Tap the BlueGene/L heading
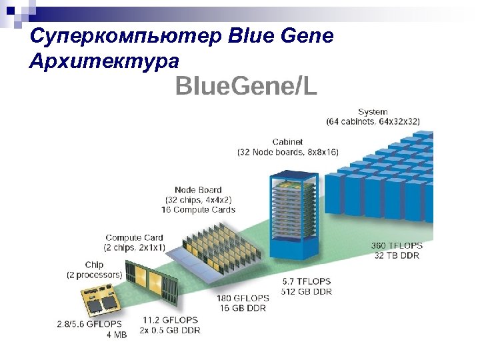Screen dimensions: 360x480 [246, 86]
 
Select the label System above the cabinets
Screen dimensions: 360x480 [373, 111]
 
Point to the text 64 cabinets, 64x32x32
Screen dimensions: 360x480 [373, 121]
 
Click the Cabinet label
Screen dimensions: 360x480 [287, 141]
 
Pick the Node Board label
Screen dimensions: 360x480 [198, 189]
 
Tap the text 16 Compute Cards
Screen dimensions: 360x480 [198, 209]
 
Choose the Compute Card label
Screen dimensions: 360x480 [134, 237]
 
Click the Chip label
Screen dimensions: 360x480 [94, 265]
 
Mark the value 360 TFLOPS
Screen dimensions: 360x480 [397, 246]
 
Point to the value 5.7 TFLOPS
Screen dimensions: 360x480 [306, 281]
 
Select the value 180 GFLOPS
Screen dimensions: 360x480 [243, 298]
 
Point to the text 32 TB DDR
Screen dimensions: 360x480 [397, 256]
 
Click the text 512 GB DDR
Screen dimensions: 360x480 [306, 291]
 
